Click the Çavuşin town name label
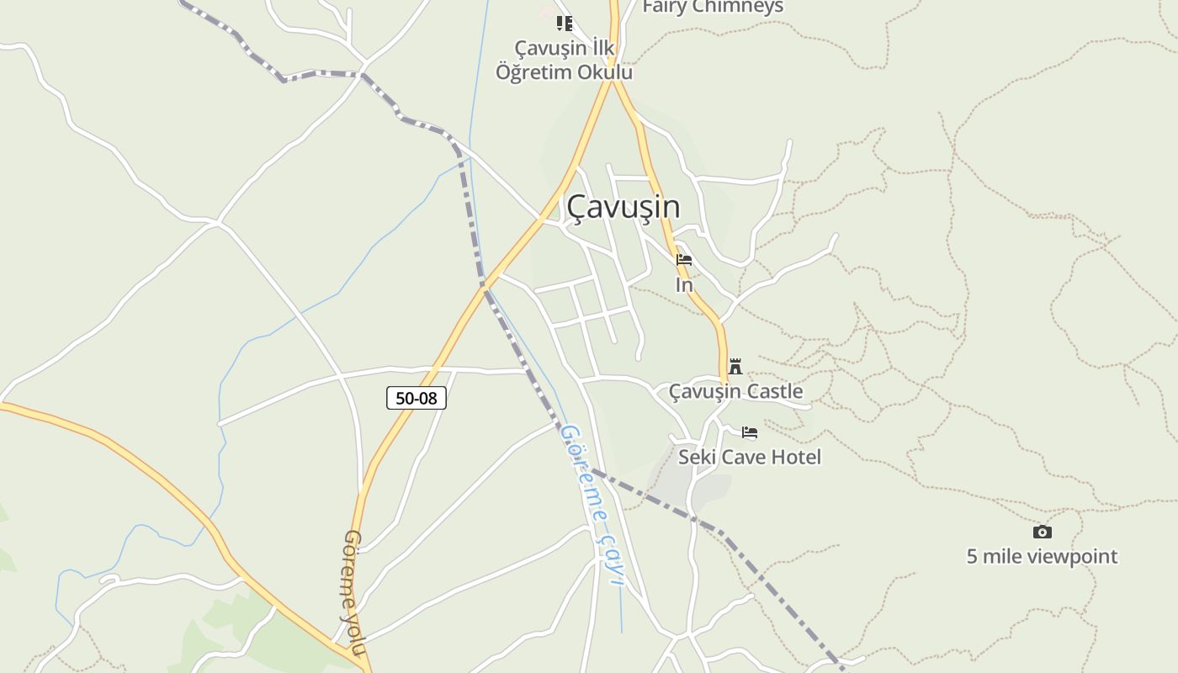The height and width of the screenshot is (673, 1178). [x=623, y=207]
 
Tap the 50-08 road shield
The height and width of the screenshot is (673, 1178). [x=417, y=398]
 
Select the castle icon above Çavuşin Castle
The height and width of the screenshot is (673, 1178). [x=735, y=367]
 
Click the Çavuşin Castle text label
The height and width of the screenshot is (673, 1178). [x=735, y=391]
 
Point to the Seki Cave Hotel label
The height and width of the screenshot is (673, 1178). [x=750, y=457]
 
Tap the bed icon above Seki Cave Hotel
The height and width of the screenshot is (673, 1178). [x=750, y=433]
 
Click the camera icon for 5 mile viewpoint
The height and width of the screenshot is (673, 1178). [x=1042, y=532]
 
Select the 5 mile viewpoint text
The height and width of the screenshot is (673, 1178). [x=1042, y=556]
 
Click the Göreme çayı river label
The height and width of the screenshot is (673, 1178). [x=593, y=502]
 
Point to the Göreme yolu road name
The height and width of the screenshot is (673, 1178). [x=355, y=592]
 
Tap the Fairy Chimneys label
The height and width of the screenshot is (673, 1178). [x=713, y=7]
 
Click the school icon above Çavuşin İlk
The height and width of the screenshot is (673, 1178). [x=565, y=24]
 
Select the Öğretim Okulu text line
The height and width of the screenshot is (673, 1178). [x=564, y=72]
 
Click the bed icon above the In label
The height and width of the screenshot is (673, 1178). [x=684, y=260]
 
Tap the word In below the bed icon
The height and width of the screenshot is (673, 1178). [x=684, y=285]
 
